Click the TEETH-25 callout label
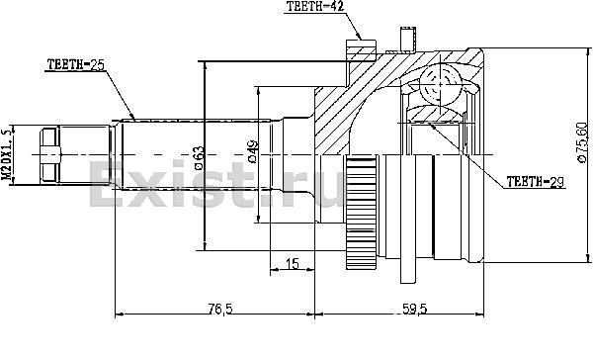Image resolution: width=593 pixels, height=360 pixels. pyautogui.click(x=75, y=64)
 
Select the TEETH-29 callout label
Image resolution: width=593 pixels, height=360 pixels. pyautogui.click(x=535, y=182)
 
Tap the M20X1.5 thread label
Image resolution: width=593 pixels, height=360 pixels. pyautogui.click(x=7, y=154)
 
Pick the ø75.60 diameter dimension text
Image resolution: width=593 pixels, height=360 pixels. pyautogui.click(x=582, y=142)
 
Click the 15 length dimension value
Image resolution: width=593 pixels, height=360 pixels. pyautogui.click(x=292, y=263)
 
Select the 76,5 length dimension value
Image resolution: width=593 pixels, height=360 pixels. pyautogui.click(x=220, y=310)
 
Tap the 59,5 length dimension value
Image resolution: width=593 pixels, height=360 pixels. pyautogui.click(x=415, y=310)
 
